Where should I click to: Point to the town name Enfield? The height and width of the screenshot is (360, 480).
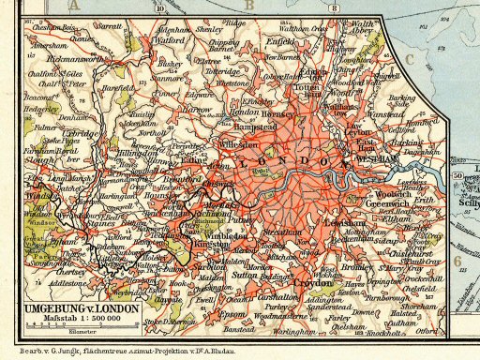[281, 41]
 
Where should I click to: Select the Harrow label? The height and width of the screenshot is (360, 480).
[198, 109]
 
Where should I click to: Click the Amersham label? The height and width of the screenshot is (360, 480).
[50, 44]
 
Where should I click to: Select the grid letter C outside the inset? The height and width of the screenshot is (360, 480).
[410, 59]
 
